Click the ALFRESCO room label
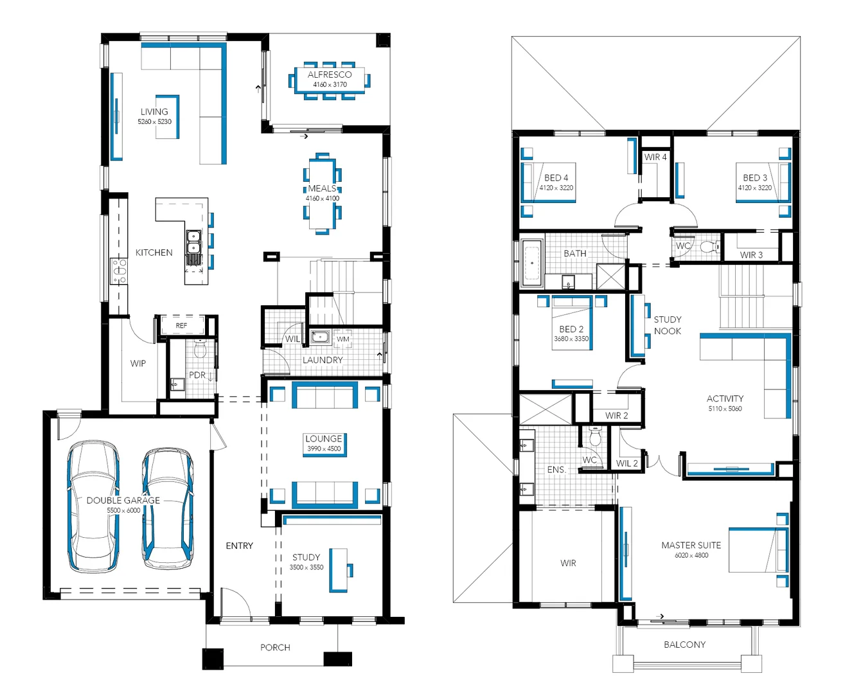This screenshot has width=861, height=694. (x=330, y=75)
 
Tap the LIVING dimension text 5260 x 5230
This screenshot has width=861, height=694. (x=154, y=121)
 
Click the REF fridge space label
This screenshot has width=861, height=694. (x=182, y=326)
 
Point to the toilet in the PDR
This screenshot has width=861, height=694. (x=199, y=350)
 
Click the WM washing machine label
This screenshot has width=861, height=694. (x=343, y=339)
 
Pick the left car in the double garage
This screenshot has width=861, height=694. (x=94, y=506)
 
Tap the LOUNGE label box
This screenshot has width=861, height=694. (x=324, y=443)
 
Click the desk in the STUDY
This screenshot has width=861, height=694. (x=338, y=569)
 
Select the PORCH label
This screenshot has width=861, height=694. (x=275, y=647)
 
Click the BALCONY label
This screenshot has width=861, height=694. (x=684, y=644)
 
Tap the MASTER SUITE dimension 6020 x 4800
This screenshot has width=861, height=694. (x=691, y=555)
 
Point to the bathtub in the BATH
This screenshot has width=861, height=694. (x=531, y=263)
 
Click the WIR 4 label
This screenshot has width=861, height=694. (x=655, y=157)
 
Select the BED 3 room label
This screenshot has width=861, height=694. (x=755, y=177)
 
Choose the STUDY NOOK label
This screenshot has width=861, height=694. (x=668, y=325)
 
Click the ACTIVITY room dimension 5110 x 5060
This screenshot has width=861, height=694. (x=725, y=409)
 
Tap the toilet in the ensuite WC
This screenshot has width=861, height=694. (x=595, y=438)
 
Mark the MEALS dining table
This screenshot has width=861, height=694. (x=322, y=193)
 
